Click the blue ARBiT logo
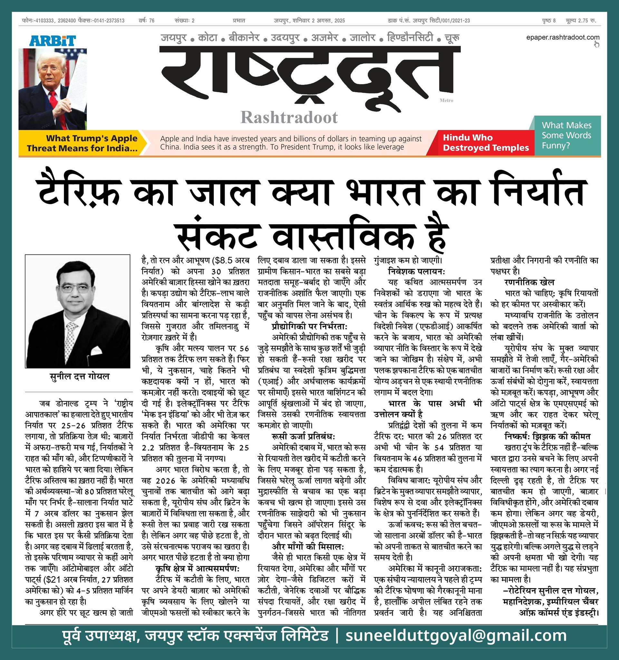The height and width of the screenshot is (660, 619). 53,41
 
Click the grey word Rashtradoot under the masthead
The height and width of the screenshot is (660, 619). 289,117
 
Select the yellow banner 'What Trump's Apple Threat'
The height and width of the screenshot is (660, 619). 82,143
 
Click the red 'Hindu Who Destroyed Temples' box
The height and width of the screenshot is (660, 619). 486,143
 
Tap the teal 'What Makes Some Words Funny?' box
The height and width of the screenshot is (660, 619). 566,135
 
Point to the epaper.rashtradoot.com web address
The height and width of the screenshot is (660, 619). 562,37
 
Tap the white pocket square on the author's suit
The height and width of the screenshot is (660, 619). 97,350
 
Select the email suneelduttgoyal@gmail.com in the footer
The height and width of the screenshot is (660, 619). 456,636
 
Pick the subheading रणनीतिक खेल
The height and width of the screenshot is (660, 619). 529,283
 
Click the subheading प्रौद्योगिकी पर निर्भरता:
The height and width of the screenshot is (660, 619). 309,326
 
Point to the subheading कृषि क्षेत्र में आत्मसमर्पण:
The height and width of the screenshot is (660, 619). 198,568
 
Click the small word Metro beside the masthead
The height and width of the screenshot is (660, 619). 446,100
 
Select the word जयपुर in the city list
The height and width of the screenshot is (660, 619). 174,37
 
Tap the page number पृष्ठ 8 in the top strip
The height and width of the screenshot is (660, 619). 549,21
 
